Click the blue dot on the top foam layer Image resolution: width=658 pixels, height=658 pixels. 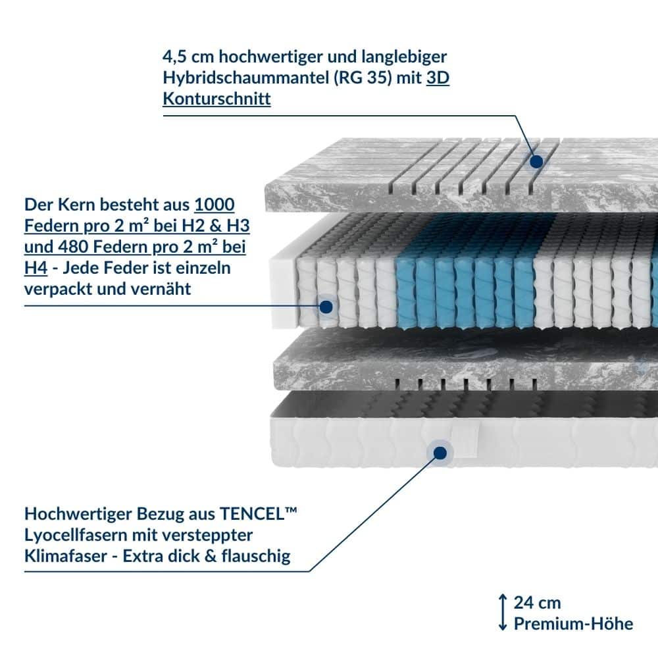(536, 162)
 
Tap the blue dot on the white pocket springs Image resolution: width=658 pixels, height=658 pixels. (326, 307)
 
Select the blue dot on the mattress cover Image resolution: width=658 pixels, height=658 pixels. (440, 453)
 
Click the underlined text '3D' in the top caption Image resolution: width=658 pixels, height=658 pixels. (438, 78)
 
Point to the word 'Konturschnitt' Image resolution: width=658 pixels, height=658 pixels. (216, 99)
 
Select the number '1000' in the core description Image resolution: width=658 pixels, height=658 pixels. (215, 205)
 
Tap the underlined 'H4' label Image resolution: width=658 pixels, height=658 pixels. (36, 268)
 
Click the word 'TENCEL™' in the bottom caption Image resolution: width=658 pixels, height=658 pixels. (258, 514)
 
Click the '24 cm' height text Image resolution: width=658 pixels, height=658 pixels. (537, 603)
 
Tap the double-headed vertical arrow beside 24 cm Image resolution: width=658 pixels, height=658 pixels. (503, 612)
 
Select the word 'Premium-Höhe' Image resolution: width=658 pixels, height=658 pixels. (574, 624)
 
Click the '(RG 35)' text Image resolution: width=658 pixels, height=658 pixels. (363, 78)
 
